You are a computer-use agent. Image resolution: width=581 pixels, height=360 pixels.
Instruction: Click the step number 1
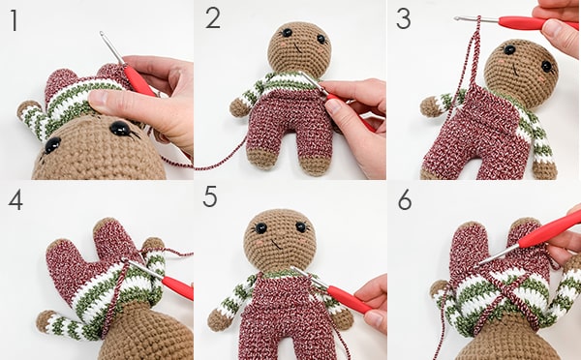point(15,20)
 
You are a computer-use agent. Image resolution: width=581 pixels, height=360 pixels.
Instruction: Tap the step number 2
point(213,17)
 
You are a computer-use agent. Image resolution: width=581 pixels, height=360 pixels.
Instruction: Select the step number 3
point(404,18)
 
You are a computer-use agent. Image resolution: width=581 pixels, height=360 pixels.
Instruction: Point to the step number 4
point(15,200)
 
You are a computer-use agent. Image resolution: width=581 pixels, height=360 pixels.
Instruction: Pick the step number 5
point(210,196)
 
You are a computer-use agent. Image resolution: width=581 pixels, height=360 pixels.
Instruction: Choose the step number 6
point(405,200)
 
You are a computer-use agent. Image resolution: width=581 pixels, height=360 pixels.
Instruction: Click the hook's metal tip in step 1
point(102,34)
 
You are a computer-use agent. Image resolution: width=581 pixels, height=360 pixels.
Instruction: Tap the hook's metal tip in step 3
point(457,18)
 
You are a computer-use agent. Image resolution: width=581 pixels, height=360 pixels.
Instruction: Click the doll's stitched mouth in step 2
point(297,48)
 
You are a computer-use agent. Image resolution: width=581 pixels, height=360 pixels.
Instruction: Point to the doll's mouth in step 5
point(276,243)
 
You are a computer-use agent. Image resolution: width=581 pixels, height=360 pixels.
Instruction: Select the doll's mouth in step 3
point(515,69)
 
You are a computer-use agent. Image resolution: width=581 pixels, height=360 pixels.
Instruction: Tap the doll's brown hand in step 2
point(239,108)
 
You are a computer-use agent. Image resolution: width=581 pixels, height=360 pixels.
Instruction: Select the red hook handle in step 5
point(349,299)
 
